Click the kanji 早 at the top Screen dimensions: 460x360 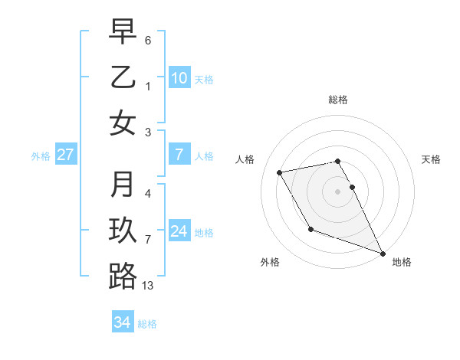tap(123, 31)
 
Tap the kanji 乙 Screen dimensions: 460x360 tap(123, 77)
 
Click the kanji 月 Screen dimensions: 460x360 tap(123, 185)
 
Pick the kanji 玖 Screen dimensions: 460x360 tap(123, 231)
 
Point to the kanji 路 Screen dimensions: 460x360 tap(123, 277)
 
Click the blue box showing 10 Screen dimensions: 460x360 tap(179, 77)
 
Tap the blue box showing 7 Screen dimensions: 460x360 tap(179, 155)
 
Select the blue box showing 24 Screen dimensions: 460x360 tap(179, 231)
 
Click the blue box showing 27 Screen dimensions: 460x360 tap(65, 155)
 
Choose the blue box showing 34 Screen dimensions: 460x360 tap(122, 323)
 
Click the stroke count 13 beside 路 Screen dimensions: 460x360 tap(148, 286)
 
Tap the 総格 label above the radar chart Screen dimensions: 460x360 tap(338, 100)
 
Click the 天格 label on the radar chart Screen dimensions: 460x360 tap(431, 159)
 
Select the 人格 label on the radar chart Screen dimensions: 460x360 tap(245, 159)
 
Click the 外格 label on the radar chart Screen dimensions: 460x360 tap(270, 262)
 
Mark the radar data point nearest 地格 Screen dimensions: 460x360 tap(383, 253)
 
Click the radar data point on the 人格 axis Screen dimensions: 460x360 tap(280, 172)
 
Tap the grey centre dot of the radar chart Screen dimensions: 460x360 tap(338, 191)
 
